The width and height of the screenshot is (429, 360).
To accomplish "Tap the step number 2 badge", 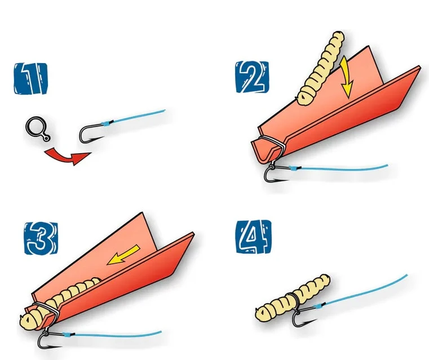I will click(x=248, y=77).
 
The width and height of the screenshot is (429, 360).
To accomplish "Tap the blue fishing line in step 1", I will click(x=141, y=115).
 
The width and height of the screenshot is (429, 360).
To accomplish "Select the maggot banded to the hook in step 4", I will click(x=293, y=299).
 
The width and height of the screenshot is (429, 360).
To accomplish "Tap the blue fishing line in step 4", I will click(x=366, y=290).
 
